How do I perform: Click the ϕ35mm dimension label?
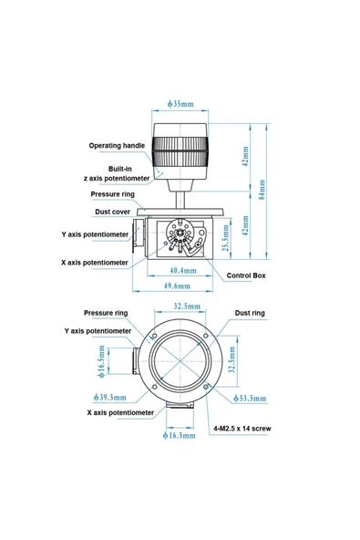(x=180, y=104)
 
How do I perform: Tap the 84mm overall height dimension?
(x=262, y=190)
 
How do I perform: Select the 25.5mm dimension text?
(x=226, y=238)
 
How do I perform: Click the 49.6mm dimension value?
(x=177, y=286)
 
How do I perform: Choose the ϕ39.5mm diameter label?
(x=109, y=397)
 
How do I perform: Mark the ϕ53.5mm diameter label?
(x=250, y=399)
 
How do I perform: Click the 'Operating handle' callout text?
(x=117, y=145)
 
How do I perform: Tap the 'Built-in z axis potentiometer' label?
(x=117, y=173)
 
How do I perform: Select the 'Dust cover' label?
(x=112, y=212)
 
